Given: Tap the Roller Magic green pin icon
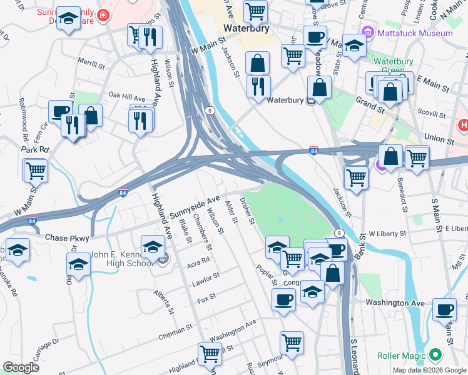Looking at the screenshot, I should tap(435, 356).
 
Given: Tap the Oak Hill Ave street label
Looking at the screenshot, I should tap(126, 97).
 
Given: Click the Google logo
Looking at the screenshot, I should tap(21, 367).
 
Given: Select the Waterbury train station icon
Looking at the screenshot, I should tap(310, 101).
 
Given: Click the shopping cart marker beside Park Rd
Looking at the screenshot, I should tap(36, 170).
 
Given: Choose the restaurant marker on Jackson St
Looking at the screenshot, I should tap(258, 86).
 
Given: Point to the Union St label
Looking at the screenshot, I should tap(438, 137).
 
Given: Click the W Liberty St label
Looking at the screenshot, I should tap(388, 233).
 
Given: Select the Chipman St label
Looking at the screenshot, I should tap(175, 329).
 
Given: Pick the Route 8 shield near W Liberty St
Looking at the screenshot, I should tap(338, 233).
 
